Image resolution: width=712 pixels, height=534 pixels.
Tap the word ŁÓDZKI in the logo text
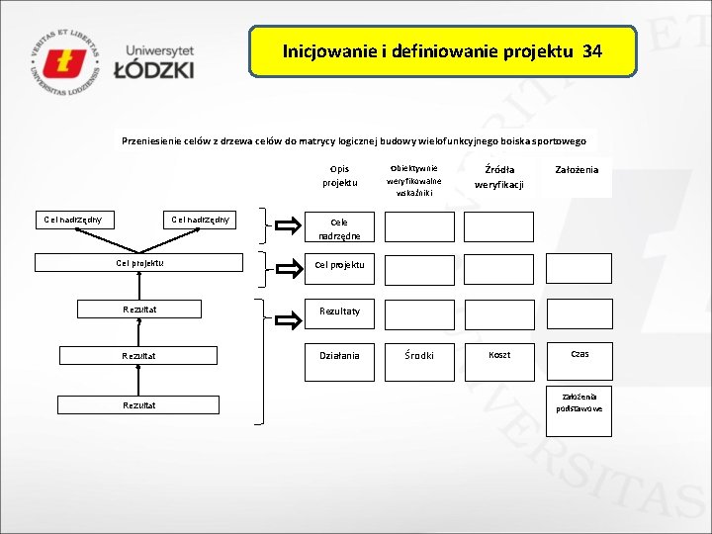pyautogui.click(x=153, y=69)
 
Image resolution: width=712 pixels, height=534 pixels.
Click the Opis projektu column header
pyautogui.click(x=338, y=176)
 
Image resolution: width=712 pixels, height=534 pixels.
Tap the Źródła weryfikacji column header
pyautogui.click(x=498, y=176)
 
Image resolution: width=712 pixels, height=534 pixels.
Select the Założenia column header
pyautogui.click(x=577, y=170)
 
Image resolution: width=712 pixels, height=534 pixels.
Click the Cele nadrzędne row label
pyautogui.click(x=339, y=229)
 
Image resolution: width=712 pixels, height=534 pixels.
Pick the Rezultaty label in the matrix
pyautogui.click(x=338, y=311)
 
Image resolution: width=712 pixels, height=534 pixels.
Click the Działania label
pyautogui.click(x=339, y=355)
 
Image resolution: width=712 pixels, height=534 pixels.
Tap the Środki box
pyautogui.click(x=419, y=356)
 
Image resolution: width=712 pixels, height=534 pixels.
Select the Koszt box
pyautogui.click(x=498, y=355)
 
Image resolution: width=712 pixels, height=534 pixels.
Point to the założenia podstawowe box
pyautogui.click(x=578, y=402)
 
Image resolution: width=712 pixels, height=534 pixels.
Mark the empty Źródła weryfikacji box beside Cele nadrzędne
pyautogui.click(x=498, y=227)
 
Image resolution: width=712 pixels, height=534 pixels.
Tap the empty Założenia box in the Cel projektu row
pyautogui.click(x=578, y=269)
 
